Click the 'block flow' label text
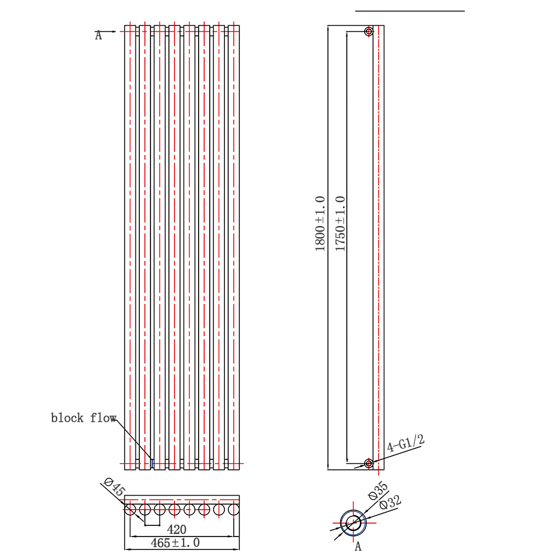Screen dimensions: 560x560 [83, 418]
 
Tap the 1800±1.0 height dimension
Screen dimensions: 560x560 [320, 224]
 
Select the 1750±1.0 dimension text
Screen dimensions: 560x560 [340, 224]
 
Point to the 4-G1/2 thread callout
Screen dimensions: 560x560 [406, 443]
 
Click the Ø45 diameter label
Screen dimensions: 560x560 [114, 487]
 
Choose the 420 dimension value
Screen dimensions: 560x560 [176, 529]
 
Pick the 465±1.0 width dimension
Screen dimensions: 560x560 [175, 543]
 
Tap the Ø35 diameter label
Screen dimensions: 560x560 [378, 491]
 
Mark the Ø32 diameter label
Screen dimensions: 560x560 [390, 502]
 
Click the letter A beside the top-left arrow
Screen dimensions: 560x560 [98, 35]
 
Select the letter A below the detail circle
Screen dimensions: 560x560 [358, 547]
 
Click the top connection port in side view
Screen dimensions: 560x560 [369, 31]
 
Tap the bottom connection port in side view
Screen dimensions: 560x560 [369, 464]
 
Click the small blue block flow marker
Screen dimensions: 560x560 [152, 464]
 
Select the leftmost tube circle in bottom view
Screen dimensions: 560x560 [130, 509]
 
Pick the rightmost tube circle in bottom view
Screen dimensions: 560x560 [234, 509]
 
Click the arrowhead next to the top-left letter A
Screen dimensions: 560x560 [113, 31]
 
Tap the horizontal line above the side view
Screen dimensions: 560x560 [410, 11]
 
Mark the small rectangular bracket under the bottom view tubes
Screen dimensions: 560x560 [152, 525]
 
